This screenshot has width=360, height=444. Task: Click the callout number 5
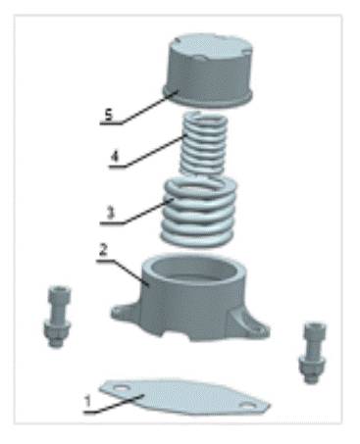(109, 115)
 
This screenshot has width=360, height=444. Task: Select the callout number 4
(115, 157)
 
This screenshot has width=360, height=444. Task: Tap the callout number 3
(111, 213)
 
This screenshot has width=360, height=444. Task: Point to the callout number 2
(103, 251)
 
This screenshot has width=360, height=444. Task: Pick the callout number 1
(87, 402)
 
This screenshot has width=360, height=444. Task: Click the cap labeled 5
(208, 71)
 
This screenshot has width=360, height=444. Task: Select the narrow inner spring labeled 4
(204, 144)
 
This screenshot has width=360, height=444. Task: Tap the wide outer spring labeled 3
(199, 212)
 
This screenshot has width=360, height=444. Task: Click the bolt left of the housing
(57, 317)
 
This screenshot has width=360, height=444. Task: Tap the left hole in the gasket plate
(121, 388)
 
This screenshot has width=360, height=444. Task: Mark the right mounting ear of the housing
(252, 325)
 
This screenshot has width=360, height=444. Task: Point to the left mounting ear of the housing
(124, 311)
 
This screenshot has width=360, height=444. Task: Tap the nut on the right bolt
(312, 364)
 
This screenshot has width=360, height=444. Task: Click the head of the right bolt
(315, 330)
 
